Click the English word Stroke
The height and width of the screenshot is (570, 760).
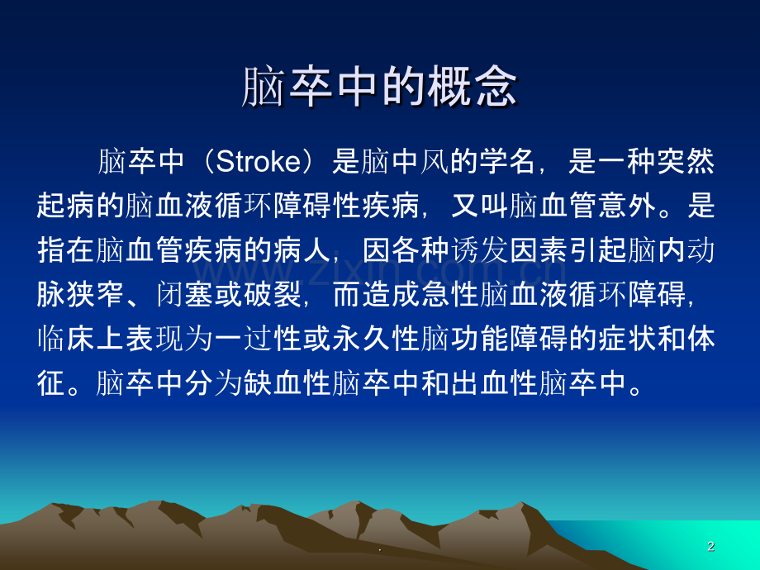tap(259, 161)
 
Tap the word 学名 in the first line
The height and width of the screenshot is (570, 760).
tap(507, 161)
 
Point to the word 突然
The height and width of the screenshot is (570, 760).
tap(686, 161)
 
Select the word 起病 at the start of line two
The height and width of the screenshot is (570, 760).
tap(66, 206)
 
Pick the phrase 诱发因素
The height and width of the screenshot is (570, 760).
tap(509, 250)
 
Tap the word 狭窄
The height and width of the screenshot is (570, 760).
tap(96, 294)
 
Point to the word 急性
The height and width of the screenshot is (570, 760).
tap(450, 294)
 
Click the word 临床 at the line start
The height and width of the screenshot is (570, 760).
tap(66, 339)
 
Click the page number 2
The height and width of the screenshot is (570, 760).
tap(711, 546)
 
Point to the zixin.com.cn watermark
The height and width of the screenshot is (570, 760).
tap(381, 272)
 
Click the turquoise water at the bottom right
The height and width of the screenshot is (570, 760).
tap(678, 543)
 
